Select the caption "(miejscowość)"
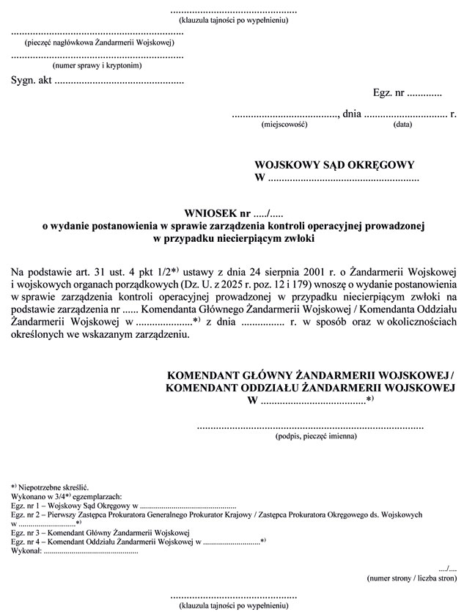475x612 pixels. pos(284,125)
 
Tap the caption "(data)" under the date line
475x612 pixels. pos(402,125)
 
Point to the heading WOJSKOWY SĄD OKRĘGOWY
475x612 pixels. pos(334,166)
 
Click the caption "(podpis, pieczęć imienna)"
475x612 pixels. pos(317,436)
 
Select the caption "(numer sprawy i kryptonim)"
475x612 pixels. pos(97,65)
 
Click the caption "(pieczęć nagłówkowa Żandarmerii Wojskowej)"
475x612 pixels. pos(97,44)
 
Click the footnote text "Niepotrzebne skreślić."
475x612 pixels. pos(56,487)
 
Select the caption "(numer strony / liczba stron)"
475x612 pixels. pos(411,578)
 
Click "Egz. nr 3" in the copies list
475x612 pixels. pos(26,532)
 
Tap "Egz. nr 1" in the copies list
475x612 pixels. pos(26,506)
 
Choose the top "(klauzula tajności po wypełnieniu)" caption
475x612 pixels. pos(234,20)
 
